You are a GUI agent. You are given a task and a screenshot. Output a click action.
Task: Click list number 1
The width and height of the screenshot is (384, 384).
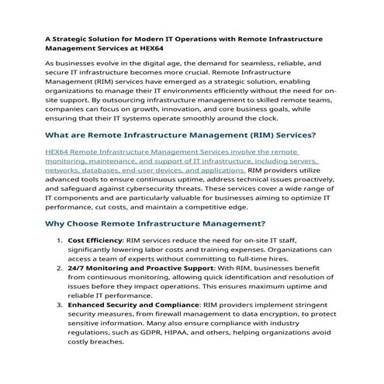pos(61,240)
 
